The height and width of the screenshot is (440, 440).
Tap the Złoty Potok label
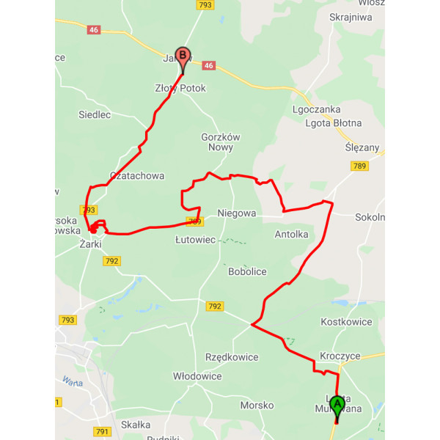[x=180, y=88]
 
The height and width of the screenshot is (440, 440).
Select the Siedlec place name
[x=95, y=114]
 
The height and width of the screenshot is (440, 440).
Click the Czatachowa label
[x=136, y=176]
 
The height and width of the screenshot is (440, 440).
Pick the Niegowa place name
[x=237, y=214]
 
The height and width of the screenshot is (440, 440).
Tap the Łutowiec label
[x=195, y=240]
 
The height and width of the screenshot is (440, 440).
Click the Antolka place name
[x=291, y=235]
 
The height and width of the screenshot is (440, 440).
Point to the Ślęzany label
[x=362, y=147]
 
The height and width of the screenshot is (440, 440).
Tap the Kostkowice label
[x=348, y=322]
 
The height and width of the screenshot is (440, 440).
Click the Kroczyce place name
[x=340, y=356]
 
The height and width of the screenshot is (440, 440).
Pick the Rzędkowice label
[x=232, y=357]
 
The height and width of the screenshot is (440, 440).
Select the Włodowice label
[x=197, y=376]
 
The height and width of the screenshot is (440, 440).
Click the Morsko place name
[x=257, y=405]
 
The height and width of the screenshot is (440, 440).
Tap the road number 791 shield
[x=102, y=431]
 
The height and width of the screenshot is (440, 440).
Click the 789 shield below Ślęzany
[x=359, y=166]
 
